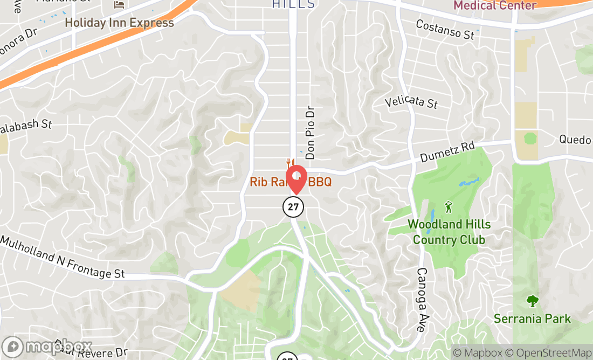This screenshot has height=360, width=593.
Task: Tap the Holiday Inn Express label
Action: point(119,23)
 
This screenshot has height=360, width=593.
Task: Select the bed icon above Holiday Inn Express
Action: point(119,5)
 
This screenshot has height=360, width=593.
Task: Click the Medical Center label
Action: point(495,5)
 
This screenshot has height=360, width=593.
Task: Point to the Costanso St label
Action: point(445,30)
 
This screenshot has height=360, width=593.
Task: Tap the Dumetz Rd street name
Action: point(447,153)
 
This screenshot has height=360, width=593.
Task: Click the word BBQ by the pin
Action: point(319,182)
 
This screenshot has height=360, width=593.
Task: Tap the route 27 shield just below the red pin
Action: point(293,206)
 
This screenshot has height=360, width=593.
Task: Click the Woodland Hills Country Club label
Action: point(446,232)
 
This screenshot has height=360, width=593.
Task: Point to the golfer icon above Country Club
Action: point(448,206)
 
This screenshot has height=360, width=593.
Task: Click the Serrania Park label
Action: point(532,319)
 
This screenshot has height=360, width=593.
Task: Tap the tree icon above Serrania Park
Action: point(533,301)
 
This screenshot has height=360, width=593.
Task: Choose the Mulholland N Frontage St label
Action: point(62,258)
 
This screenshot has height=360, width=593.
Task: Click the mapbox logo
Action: point(47,347)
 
